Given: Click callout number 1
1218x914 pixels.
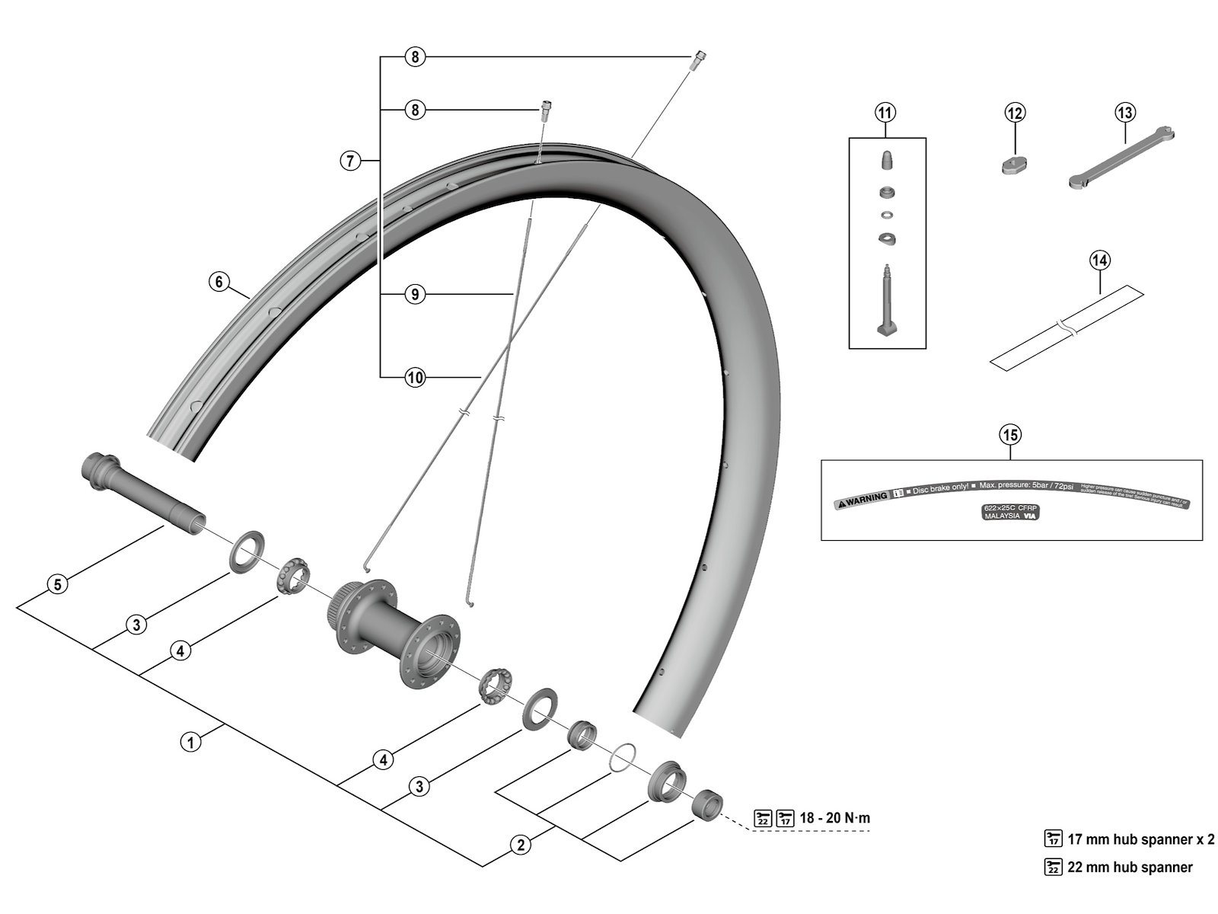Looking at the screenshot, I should tap(190, 740).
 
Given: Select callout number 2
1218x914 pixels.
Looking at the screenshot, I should tap(521, 845).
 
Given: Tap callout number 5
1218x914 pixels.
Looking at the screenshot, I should tap(58, 584).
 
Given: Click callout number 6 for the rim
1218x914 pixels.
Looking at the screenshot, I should tap(219, 282).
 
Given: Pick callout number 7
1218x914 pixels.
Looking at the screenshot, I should tap(349, 161).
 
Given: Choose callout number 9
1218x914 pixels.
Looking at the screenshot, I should tap(414, 294).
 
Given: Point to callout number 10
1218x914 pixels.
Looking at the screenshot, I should tap(414, 377).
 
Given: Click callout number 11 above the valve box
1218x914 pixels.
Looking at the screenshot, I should tap(885, 113).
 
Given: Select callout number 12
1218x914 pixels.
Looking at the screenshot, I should tap(1015, 113).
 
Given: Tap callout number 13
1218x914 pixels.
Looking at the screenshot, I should tap(1125, 113).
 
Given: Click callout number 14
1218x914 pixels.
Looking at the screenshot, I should tap(1099, 260).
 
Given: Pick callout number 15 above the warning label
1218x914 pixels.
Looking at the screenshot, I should tap(1010, 435).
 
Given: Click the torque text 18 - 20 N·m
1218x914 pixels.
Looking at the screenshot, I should tap(835, 818).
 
